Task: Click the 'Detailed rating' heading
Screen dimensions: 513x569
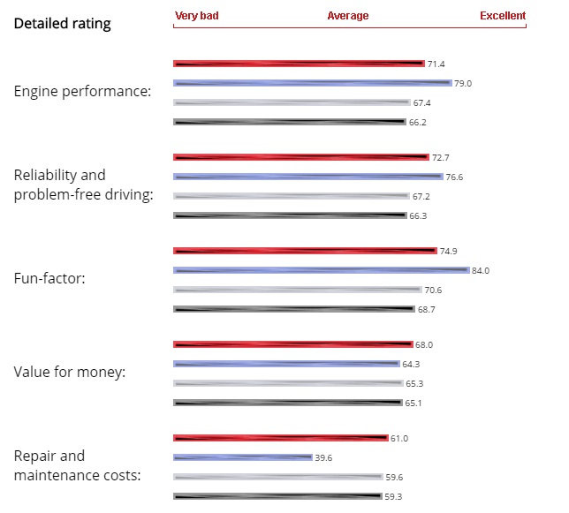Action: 62,24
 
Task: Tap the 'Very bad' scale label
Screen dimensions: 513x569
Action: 197,16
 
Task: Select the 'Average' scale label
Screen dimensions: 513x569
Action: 348,16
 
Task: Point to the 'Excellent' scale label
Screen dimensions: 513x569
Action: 502,16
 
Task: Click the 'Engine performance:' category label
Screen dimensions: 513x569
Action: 82,92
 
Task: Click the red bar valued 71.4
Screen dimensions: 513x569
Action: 299,64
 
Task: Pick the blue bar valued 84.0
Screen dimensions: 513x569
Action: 321,270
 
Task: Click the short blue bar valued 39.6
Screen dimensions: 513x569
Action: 243,457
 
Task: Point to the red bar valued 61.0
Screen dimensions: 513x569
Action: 280,438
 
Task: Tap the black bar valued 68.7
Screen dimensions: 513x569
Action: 293,309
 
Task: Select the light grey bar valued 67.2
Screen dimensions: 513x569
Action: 291,196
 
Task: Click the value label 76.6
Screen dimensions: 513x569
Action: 454,177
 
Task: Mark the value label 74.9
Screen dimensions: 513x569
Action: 448,251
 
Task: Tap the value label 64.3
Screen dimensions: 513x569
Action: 412,365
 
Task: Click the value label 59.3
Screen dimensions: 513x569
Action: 394,497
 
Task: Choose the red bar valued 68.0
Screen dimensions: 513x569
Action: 292,344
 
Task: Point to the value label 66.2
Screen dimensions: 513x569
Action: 418,123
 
